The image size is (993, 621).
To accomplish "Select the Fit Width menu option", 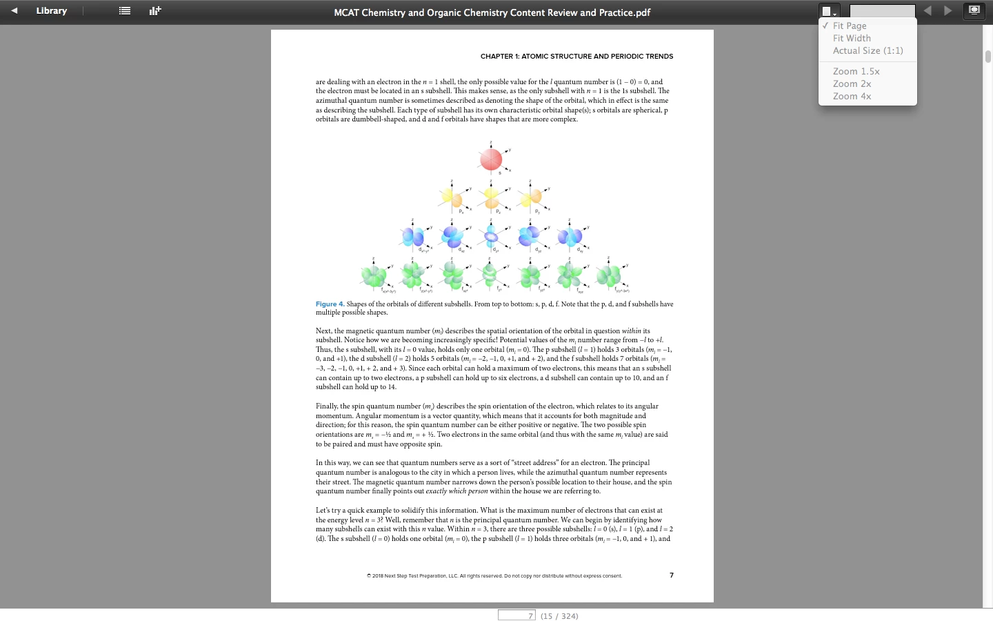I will pos(852,38).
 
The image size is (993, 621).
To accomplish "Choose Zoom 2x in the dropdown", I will pos(852,83).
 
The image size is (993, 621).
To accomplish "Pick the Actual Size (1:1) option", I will pos(867,50).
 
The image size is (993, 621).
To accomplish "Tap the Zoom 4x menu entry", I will pos(852,96).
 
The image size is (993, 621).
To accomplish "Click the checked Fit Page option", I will pos(850,26).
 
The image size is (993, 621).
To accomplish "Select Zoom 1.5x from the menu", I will pos(856,71).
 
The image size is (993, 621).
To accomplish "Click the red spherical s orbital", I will pos(491,159).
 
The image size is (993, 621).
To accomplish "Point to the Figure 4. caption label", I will pos(330,304).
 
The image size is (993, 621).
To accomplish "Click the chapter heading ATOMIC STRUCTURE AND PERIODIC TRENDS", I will pos(576,57).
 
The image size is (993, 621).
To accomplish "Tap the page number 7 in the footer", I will pos(672,575).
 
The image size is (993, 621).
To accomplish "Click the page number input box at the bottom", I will pos(516,615).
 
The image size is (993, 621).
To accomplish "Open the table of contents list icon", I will pos(125,11).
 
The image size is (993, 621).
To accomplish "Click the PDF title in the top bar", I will pos(492,12).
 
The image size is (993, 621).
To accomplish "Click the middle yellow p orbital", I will pos(491,199).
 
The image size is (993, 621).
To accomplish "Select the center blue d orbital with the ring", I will pos(491,237).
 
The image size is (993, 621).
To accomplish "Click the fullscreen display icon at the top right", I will pos(974,11).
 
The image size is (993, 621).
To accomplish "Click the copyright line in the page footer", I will pos(494,575).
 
